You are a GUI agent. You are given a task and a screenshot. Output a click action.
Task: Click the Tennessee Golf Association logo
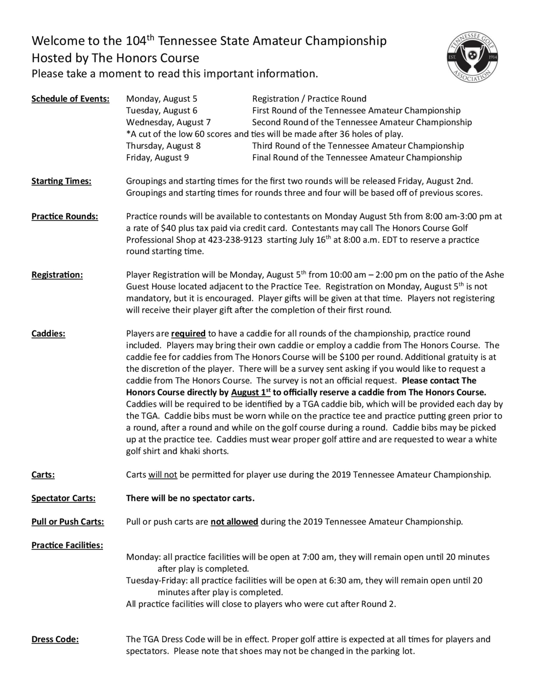[x=472, y=57]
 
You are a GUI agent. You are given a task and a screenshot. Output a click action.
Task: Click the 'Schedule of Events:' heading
[x=70, y=99]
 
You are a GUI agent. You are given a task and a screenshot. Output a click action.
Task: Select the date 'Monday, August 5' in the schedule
[x=161, y=99]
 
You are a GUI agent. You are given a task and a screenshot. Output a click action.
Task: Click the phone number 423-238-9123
[x=235, y=240]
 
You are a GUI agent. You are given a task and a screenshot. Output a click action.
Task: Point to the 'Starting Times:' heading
[x=61, y=181]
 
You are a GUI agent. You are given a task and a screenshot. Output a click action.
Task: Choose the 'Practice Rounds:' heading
[x=65, y=216]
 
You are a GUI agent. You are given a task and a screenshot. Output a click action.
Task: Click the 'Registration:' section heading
[x=57, y=275]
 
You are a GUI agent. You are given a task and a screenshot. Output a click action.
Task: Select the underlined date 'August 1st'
[x=251, y=393]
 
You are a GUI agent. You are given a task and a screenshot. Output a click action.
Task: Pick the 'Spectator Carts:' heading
[x=64, y=498]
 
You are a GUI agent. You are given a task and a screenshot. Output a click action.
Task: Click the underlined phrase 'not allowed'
[x=234, y=522]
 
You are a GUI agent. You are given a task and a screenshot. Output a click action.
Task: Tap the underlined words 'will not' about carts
[x=163, y=475]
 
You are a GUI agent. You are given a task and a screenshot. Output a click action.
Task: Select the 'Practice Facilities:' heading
[x=67, y=545]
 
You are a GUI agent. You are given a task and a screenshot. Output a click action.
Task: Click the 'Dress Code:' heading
[x=55, y=639]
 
